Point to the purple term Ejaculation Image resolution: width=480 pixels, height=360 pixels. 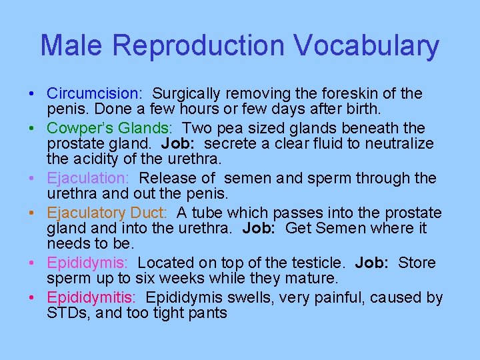(87, 179)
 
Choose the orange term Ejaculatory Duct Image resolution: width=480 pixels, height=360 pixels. (109, 213)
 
